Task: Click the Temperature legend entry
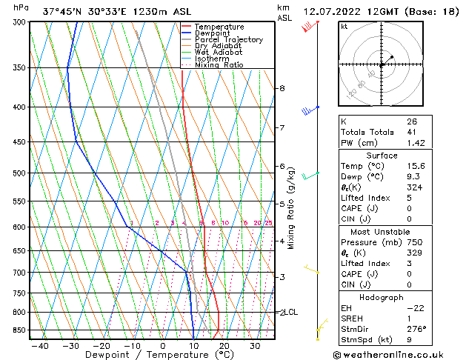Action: (220, 27)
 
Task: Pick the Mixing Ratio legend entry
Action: (219, 65)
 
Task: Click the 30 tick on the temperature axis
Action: (254, 346)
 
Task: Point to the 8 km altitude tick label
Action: (282, 88)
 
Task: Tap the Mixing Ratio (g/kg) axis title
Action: (291, 208)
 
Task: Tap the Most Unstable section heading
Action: (381, 232)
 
